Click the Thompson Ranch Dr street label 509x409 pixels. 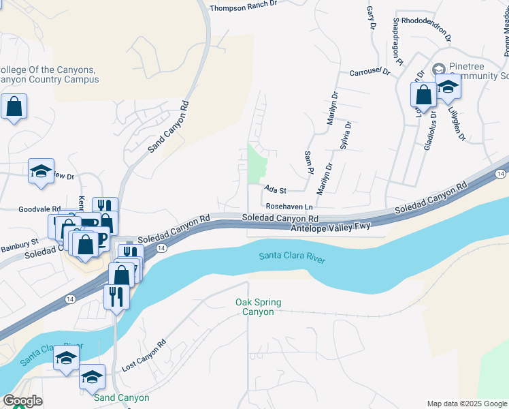[244, 8]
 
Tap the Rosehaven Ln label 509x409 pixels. [289, 206]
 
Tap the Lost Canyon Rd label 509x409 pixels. [144, 357]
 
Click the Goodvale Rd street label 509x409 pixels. [40, 210]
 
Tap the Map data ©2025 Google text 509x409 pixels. [466, 404]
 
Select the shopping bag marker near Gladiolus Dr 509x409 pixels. [423, 95]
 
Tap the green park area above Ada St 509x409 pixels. [257, 164]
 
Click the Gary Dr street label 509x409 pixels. [372, 18]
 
